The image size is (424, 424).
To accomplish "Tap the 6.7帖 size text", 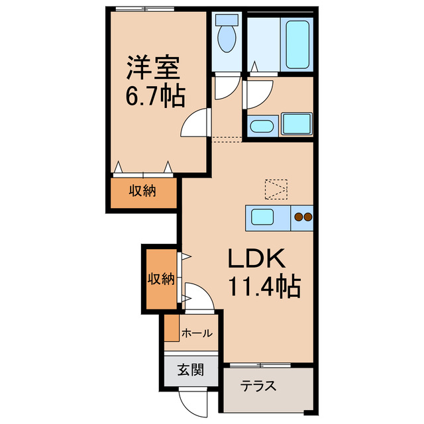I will [155, 97].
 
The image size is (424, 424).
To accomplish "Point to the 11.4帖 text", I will [265, 287].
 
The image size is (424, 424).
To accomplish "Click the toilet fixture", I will [227, 35].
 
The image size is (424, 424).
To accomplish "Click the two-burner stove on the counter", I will [303, 217].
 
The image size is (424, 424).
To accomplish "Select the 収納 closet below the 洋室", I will [142, 192].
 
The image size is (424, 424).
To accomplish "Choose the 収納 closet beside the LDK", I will [160, 279].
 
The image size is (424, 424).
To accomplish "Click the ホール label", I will [197, 333].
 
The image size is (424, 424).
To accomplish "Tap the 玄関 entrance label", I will [190, 370].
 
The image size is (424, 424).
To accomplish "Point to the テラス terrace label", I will [258, 387].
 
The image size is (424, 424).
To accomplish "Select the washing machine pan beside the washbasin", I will [296, 124].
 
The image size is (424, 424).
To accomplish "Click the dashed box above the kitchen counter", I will [276, 189].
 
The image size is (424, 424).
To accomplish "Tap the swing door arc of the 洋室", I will [197, 124].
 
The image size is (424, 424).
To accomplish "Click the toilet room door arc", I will [225, 85].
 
